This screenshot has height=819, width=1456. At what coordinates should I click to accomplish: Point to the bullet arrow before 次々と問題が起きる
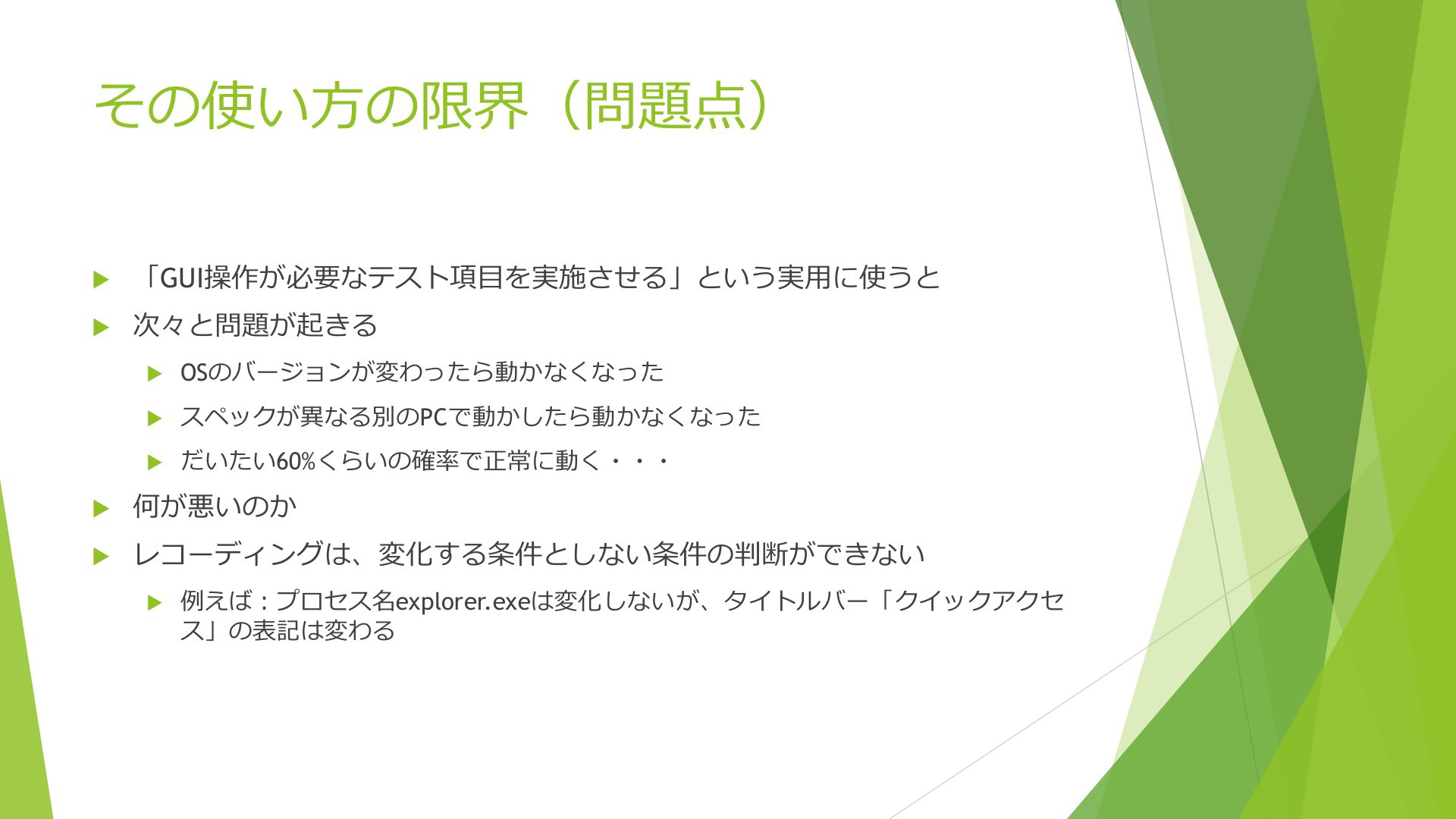101,327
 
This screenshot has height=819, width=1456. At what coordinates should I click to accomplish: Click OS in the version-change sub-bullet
193,372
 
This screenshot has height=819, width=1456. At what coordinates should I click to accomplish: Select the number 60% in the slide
294,461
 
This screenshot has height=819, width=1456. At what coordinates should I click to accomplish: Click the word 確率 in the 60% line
435,461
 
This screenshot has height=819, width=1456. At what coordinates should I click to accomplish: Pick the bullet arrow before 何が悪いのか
101,508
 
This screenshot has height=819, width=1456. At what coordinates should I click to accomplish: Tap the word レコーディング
228,554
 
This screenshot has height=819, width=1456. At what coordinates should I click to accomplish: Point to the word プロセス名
335,601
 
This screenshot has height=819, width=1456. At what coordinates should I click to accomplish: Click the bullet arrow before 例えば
155,604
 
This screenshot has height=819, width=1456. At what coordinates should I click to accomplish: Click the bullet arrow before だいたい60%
155,462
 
